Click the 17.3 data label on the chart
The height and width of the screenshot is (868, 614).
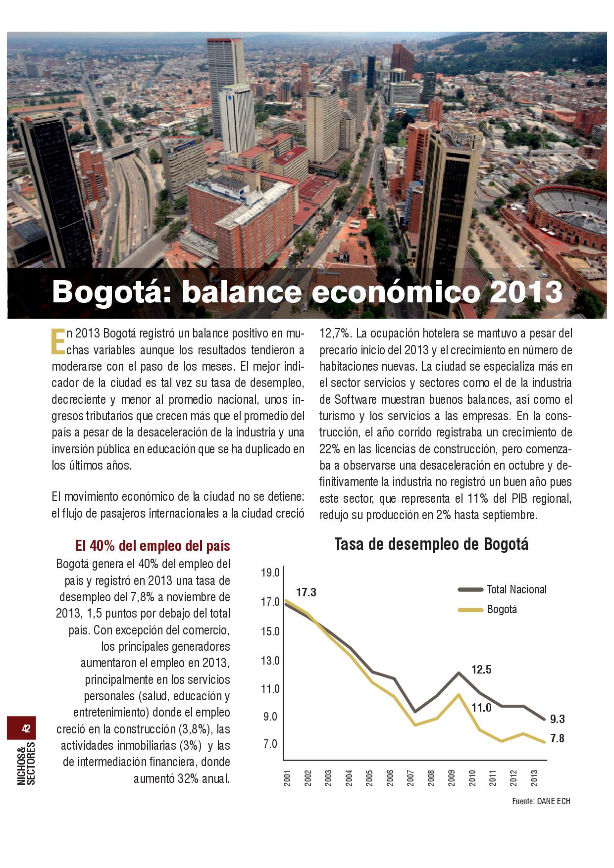coord(306,592)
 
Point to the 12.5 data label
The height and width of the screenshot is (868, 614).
coord(481,670)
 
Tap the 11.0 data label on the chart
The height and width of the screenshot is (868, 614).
coord(481,708)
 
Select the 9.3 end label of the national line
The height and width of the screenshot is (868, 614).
coord(557,720)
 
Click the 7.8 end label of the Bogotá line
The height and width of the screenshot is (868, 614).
coord(557,739)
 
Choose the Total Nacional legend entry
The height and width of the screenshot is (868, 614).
coord(516,589)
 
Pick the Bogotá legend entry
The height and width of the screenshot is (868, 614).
coord(502,609)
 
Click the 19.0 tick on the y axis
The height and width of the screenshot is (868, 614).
coord(270,573)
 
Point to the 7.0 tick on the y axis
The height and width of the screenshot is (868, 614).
coord(270,744)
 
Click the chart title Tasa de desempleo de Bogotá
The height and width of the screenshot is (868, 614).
coord(431,544)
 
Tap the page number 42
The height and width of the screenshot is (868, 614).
coord(26,728)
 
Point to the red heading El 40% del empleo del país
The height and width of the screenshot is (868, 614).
coord(153,546)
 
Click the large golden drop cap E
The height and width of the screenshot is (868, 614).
coord(57,341)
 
